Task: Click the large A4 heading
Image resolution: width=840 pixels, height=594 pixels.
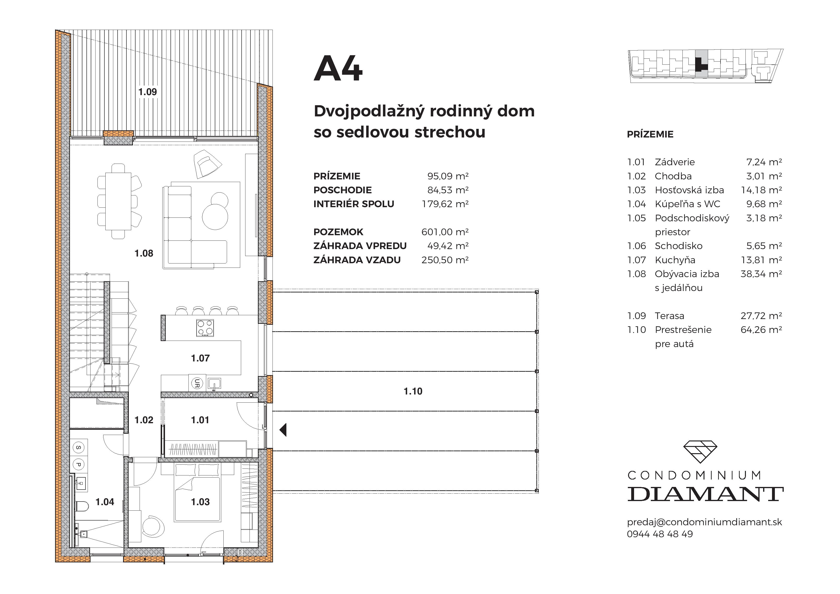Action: [338, 69]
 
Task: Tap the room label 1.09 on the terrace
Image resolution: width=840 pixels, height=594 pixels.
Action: [148, 92]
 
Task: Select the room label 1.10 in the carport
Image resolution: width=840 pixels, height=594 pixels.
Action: [413, 391]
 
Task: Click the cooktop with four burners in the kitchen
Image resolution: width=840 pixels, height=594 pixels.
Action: [205, 328]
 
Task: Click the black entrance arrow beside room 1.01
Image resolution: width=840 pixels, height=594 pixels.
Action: [283, 430]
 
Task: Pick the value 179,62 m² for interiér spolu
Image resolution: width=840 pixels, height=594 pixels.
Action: [445, 204]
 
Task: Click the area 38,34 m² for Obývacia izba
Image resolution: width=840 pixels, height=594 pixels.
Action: [761, 274]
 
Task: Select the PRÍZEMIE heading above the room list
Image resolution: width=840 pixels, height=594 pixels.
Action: [650, 134]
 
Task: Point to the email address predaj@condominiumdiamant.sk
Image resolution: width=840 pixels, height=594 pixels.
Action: [704, 522]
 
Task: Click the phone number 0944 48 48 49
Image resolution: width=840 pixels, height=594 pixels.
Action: [660, 534]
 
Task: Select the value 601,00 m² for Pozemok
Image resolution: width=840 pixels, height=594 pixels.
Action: [445, 232]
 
